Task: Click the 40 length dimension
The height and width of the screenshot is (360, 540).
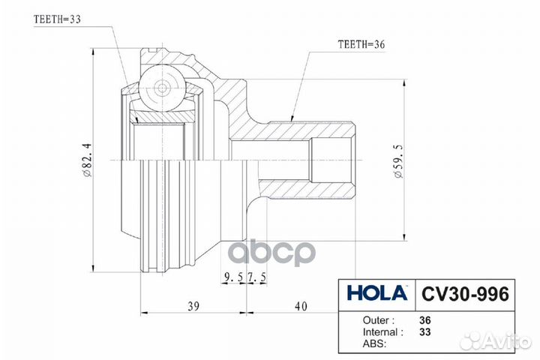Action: pyautogui.click(x=301, y=307)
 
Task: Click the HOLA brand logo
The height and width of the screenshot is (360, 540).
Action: pyautogui.click(x=376, y=292)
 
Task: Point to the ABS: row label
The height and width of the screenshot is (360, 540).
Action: pyautogui.click(x=373, y=344)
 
